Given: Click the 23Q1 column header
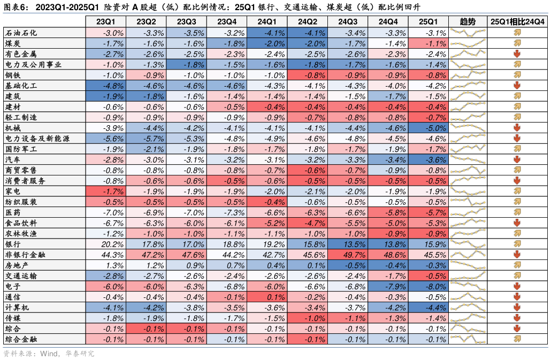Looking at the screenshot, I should tap(105, 21).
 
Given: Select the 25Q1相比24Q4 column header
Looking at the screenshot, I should tap(517, 21).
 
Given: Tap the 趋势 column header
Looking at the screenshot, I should tap(468, 21).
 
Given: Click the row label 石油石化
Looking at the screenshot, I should tap(21, 33).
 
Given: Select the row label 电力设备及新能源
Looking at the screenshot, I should tap(33, 139).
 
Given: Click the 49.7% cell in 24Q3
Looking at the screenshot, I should tap(348, 255).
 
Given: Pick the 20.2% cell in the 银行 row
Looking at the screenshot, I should tap(105, 244).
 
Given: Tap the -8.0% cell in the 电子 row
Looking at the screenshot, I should tap(428, 286).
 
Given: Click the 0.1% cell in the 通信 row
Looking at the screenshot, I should tap(267, 297).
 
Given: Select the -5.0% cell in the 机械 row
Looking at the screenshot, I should tap(428, 128).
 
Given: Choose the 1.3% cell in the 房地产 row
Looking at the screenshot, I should tap(105, 265).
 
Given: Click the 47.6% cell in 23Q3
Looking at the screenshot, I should tap(186, 255).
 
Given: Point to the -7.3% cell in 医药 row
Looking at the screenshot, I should tap(226, 212).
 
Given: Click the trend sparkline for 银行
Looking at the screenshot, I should tap(468, 244).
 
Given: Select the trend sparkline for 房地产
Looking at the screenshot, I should tap(468, 265).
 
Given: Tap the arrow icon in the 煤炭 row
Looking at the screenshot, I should tap(517, 43).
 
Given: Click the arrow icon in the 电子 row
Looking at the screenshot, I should tap(517, 286).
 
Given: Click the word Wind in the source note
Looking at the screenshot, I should tap(49, 353).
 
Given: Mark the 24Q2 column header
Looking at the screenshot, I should tap(307, 21).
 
